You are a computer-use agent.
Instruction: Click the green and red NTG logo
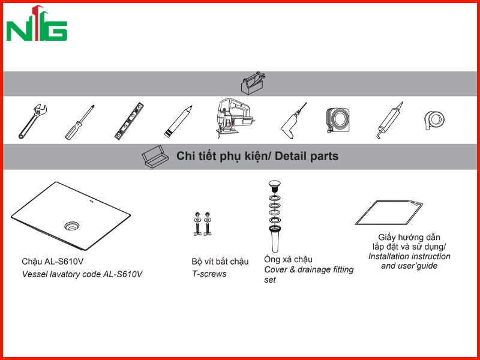point(37,23)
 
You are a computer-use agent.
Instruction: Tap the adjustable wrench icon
point(32,122)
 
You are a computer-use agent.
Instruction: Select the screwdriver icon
point(79,123)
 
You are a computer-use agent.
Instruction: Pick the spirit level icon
point(129,122)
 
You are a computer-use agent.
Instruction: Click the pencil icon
point(178,122)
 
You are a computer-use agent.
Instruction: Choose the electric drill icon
point(293,121)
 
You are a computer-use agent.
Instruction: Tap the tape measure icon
point(338,120)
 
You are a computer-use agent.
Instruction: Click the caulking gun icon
point(389,121)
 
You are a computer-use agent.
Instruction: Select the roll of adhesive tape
point(434,121)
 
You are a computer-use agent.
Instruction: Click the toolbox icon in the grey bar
point(253,83)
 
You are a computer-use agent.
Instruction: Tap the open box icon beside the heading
point(155,157)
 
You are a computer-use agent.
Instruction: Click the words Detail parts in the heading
point(307,156)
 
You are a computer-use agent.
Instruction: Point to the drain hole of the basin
point(71,226)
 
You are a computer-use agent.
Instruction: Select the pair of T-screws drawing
point(203,224)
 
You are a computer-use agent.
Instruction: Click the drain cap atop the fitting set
point(274,186)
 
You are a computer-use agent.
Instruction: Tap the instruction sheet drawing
point(389,213)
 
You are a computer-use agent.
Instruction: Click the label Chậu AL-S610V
point(53,262)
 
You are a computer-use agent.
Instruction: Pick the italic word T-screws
point(209,274)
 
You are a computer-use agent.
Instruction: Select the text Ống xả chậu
point(289,259)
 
